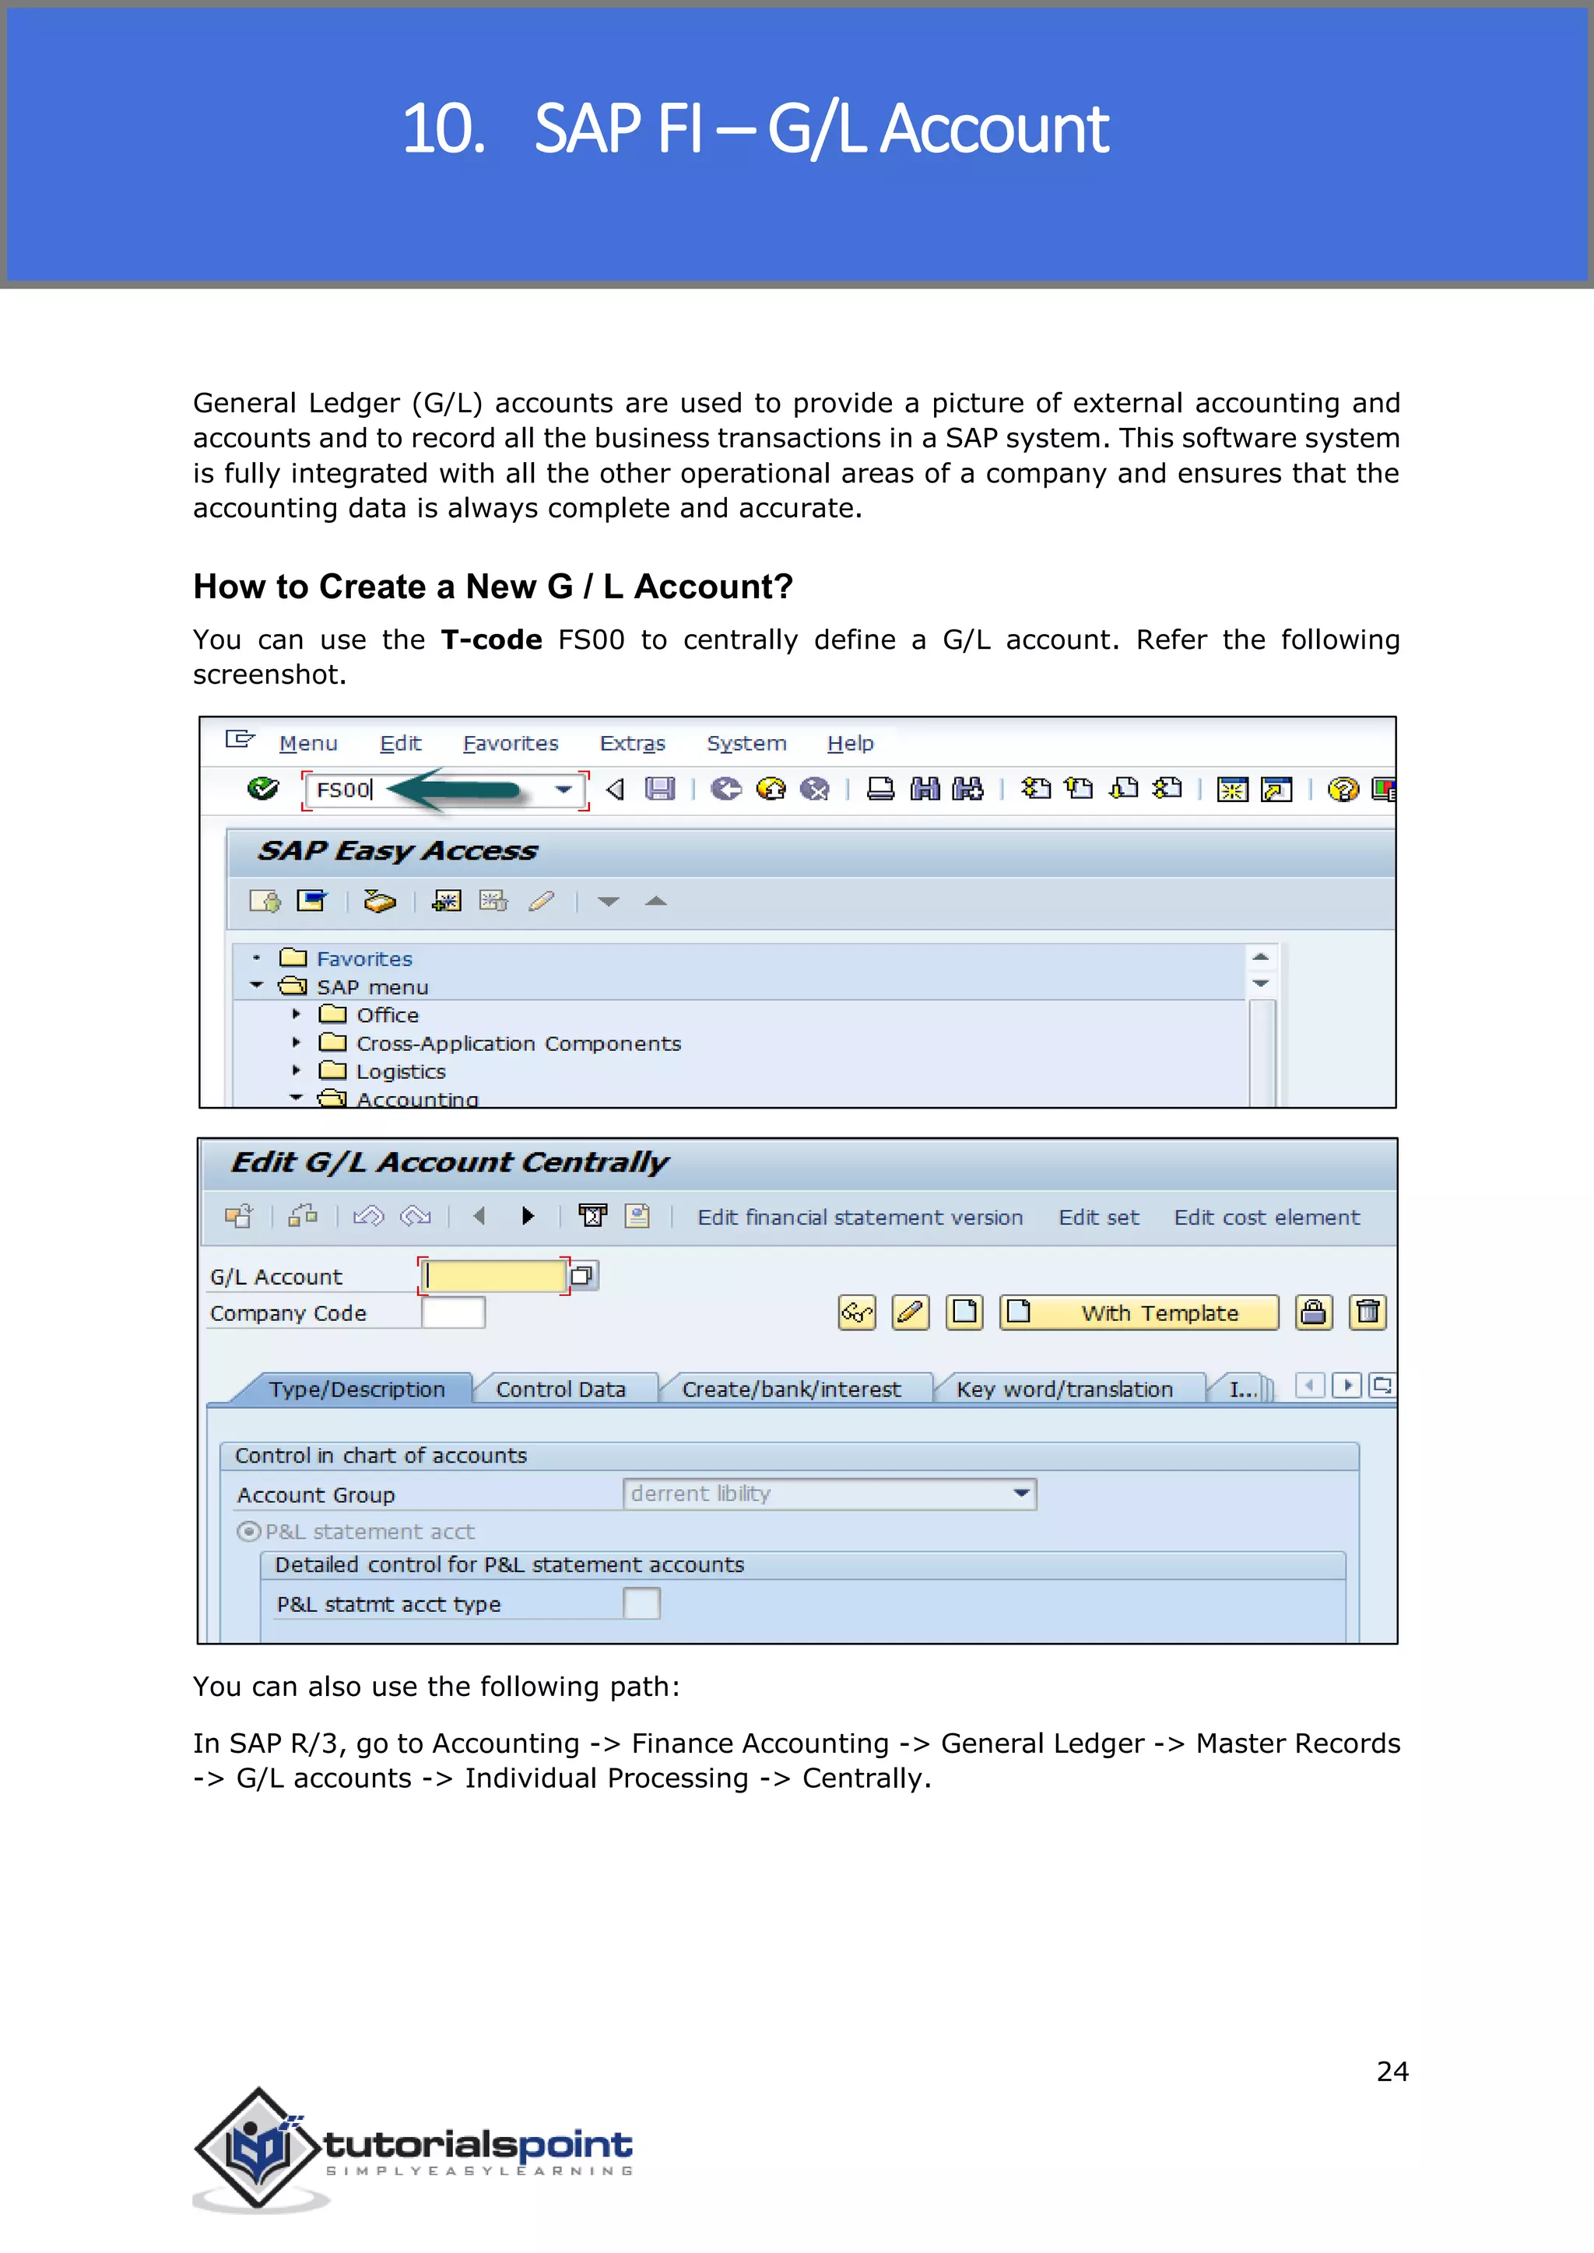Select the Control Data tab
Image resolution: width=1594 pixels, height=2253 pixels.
[560, 1389]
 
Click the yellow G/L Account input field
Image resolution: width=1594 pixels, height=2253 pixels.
[493, 1276]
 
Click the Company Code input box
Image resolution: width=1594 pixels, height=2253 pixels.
[454, 1313]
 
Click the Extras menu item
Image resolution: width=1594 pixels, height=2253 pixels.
[632, 743]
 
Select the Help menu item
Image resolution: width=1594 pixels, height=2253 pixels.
[850, 743]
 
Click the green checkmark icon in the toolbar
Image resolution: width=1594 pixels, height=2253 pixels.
[263, 789]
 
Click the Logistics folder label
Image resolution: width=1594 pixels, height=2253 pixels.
[401, 1071]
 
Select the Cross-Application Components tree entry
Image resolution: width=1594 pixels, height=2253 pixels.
[518, 1043]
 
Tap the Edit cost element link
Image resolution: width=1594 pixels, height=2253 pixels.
[1266, 1217]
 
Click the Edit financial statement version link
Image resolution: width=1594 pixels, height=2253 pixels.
[860, 1217]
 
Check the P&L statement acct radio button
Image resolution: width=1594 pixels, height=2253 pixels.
[249, 1531]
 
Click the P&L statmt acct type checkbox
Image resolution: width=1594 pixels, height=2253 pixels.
[641, 1603]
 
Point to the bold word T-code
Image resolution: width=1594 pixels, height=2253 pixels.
[491, 639]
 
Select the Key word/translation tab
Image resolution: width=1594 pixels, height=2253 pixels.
[1064, 1389]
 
